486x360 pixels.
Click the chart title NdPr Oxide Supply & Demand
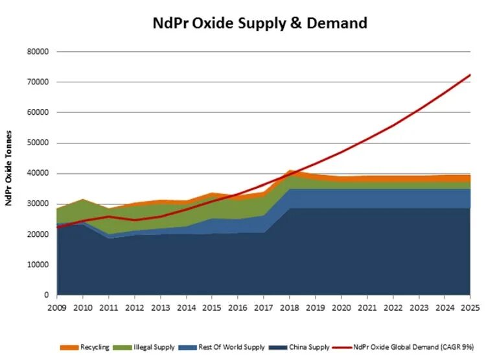260,23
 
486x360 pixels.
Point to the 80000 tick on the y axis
40,52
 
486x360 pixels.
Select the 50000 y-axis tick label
40,143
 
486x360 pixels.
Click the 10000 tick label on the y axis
40,265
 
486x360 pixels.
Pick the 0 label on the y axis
47,295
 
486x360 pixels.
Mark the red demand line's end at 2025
470,75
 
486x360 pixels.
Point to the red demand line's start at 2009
57,227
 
